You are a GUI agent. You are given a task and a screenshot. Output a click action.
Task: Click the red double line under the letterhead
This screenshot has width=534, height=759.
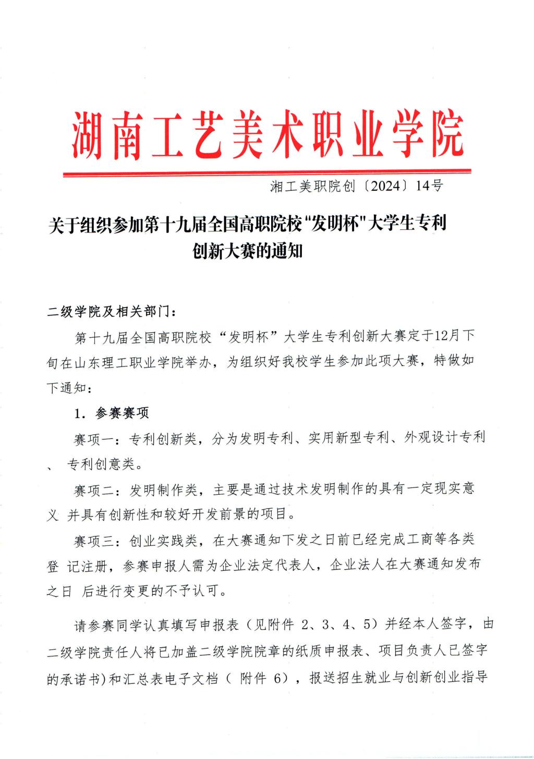tap(267, 173)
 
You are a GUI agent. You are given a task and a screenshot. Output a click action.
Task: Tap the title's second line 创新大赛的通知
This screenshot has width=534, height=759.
tap(248, 252)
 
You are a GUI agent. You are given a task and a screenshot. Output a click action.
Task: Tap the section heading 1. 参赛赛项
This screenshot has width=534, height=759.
tap(112, 413)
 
